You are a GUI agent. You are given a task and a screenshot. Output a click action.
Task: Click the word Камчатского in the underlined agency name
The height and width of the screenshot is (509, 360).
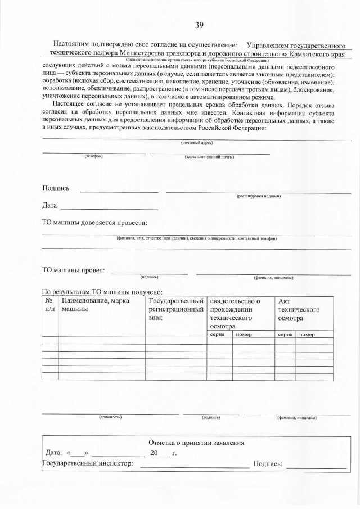(x=316, y=55)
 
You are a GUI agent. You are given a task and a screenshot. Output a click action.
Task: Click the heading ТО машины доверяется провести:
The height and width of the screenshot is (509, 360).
(x=94, y=223)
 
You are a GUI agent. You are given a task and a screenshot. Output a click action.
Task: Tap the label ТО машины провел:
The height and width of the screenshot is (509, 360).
(x=74, y=270)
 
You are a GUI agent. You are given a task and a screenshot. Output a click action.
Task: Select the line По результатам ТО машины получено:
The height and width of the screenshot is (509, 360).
(x=102, y=292)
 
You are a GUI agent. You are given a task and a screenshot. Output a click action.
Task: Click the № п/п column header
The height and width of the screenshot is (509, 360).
(x=49, y=305)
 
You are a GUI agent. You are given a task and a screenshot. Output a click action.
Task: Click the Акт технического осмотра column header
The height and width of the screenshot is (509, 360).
(x=299, y=309)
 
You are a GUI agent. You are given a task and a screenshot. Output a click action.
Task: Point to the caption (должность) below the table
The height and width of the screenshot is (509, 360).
(x=110, y=418)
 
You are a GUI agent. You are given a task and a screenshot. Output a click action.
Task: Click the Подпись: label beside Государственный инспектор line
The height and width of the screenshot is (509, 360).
(x=269, y=464)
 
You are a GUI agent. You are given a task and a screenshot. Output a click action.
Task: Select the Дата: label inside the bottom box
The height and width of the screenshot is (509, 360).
(x=53, y=453)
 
